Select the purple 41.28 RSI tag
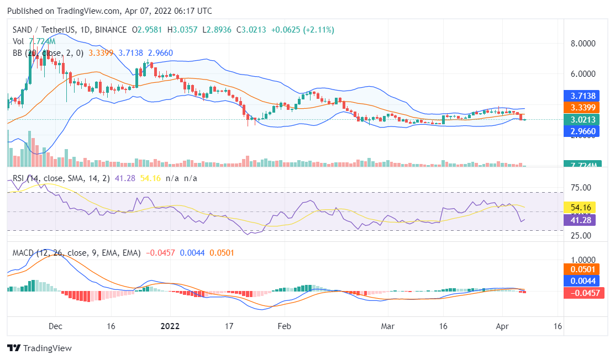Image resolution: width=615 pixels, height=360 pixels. [578, 220]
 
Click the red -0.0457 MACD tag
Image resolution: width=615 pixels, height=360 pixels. [580, 293]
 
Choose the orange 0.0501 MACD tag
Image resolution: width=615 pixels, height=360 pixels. [580, 269]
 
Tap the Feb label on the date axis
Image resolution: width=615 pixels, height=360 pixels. [284, 326]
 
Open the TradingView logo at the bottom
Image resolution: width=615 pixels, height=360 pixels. [39, 348]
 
